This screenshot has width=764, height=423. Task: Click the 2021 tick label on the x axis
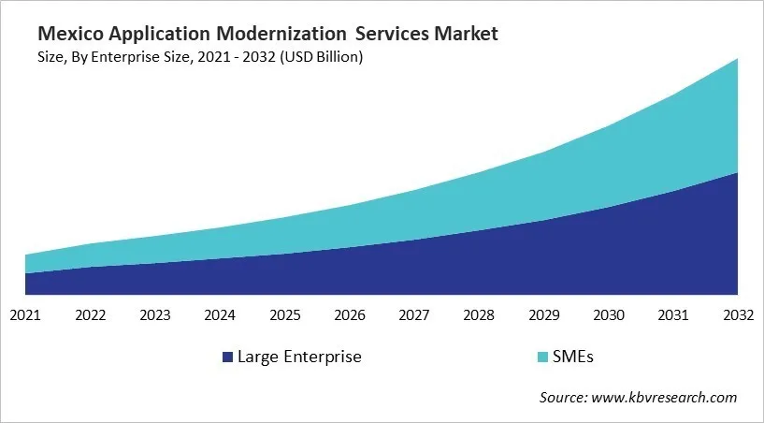pyautogui.click(x=25, y=314)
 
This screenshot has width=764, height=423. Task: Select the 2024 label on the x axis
pyautogui.click(x=220, y=314)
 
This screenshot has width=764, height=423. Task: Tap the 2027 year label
pyautogui.click(x=414, y=314)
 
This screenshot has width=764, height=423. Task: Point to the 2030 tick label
pyautogui.click(x=609, y=314)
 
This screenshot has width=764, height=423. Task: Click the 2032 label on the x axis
pyautogui.click(x=738, y=314)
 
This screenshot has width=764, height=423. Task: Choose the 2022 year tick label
pyautogui.click(x=91, y=314)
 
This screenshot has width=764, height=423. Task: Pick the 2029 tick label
pyautogui.click(x=544, y=314)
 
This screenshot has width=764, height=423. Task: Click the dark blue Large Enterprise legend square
pyautogui.click(x=227, y=357)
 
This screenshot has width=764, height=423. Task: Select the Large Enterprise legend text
pyautogui.click(x=299, y=357)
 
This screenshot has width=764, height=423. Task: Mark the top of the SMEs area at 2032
pyautogui.click(x=738, y=59)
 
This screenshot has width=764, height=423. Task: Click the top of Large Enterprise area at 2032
pyautogui.click(x=738, y=173)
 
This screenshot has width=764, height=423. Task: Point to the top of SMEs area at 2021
pyautogui.click(x=25, y=255)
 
